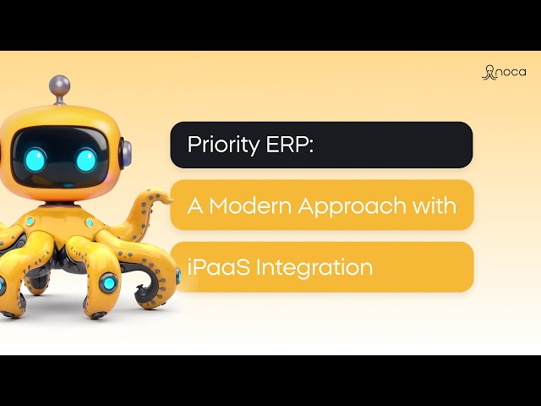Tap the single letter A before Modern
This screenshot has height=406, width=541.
tap(194, 205)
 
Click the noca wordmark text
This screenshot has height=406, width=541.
tap(511, 73)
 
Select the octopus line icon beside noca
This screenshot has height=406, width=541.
tap(489, 73)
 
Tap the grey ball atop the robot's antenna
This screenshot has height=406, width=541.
tap(59, 83)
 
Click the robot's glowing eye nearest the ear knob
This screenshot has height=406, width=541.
tap(86, 159)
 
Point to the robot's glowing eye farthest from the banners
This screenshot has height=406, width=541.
tap(36, 158)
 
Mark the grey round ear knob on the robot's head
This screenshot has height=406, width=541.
tap(126, 153)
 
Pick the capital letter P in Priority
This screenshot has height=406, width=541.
tap(192, 145)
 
